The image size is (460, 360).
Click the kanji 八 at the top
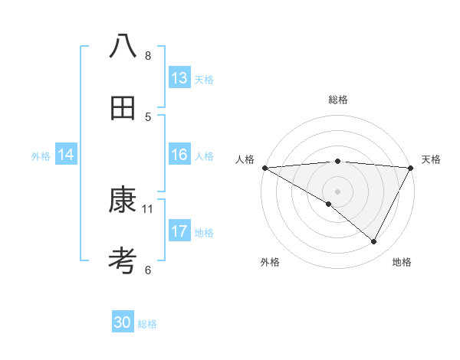pos(123,47)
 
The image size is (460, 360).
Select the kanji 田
pos(123,108)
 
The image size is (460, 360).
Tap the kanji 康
pos(123,201)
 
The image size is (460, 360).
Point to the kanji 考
pos(123,260)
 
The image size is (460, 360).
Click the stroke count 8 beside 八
pos(148,56)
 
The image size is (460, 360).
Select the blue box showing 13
pos(179,78)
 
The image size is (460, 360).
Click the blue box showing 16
pos(179,155)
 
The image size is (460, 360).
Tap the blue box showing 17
pos(179,231)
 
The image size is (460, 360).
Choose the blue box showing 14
pos(66,155)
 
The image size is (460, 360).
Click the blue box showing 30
pos(123,322)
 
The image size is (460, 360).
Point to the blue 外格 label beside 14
pos(41,156)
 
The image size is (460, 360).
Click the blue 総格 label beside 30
pos(147,324)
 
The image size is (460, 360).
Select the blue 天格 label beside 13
pos(203,80)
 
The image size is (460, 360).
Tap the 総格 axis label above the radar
pos(337,100)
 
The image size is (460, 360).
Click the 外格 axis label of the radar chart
pos(270,262)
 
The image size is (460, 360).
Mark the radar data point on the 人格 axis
pos(264,168)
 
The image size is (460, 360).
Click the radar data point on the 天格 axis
pos(411,168)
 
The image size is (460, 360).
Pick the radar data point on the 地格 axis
pos(374,242)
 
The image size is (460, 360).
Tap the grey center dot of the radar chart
pos(337,191)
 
